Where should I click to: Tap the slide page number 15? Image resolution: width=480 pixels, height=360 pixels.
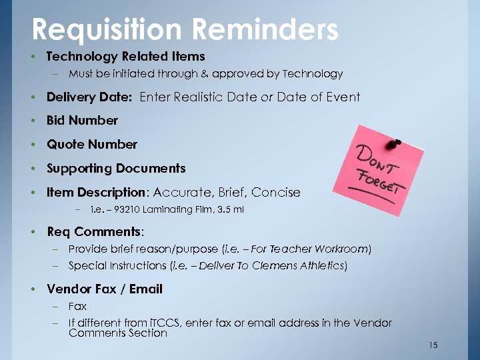point(433,345)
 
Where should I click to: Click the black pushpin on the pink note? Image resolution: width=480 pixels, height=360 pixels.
point(395,143)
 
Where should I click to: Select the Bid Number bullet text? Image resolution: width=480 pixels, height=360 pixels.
point(82,121)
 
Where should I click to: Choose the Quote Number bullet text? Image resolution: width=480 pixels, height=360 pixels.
point(92,145)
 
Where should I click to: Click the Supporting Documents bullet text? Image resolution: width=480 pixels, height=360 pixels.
point(116,169)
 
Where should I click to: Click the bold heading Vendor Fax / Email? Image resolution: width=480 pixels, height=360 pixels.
point(105,289)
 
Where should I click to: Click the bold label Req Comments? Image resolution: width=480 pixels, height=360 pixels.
point(95,232)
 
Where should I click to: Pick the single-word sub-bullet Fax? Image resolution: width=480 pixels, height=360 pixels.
point(77,307)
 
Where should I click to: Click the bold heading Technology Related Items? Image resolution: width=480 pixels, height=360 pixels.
point(126,57)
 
